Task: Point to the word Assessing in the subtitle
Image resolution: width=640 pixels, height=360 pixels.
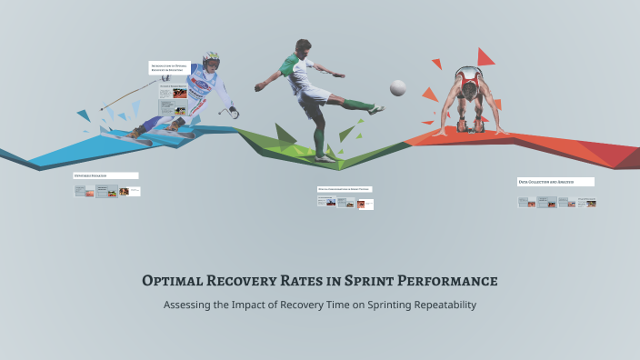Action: tap(190, 305)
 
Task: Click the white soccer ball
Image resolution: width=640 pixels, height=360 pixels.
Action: tap(397, 87)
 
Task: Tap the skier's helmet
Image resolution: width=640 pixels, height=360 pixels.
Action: tap(211, 61)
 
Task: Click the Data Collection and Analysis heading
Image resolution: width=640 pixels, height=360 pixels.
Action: tap(555, 182)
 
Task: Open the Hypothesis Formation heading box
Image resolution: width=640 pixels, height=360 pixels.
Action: tap(105, 175)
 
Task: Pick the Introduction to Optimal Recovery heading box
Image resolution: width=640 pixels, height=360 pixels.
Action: tap(169, 67)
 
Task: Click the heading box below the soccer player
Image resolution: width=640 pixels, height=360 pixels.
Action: tap(345, 189)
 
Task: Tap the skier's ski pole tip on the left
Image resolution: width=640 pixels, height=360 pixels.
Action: tap(101, 107)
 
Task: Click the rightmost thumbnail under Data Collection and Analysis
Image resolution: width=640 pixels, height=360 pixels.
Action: tap(591, 203)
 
